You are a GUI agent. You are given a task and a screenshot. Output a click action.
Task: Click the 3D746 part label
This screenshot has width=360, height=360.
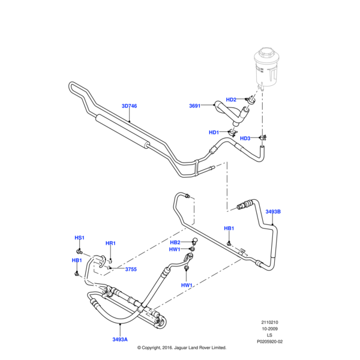[x=129, y=106]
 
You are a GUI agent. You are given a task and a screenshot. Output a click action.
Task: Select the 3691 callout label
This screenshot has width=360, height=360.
[x=194, y=106]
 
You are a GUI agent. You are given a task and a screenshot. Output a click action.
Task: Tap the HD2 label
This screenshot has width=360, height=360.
[x=231, y=100]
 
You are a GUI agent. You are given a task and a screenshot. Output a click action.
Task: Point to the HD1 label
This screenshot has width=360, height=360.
[x=214, y=133]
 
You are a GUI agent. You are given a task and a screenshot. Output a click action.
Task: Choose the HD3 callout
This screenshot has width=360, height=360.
[x=245, y=139]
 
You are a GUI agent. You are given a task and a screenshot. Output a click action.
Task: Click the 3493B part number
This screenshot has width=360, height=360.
[x=272, y=212]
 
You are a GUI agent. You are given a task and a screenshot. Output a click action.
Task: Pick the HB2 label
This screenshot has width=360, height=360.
[x=176, y=242]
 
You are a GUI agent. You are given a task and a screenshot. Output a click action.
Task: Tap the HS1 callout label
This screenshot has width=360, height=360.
[x=79, y=238]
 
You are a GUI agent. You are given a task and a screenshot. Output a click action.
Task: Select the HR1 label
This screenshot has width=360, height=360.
[x=110, y=243]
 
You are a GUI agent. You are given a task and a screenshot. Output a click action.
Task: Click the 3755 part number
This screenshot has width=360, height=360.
[x=130, y=269]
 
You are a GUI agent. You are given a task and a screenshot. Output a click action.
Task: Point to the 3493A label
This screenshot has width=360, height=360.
[x=120, y=340]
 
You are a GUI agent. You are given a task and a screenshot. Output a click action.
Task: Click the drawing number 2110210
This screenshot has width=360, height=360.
[x=269, y=322]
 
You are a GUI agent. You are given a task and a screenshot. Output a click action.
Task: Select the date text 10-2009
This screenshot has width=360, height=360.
[x=269, y=329]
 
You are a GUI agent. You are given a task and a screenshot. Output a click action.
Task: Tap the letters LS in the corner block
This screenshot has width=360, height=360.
[x=269, y=335]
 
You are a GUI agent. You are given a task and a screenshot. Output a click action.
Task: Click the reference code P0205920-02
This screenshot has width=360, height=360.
[x=269, y=341]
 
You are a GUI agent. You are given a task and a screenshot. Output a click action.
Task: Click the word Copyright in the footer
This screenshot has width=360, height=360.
[x=157, y=347]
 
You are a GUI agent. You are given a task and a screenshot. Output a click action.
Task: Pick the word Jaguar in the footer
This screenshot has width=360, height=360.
[x=189, y=347]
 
